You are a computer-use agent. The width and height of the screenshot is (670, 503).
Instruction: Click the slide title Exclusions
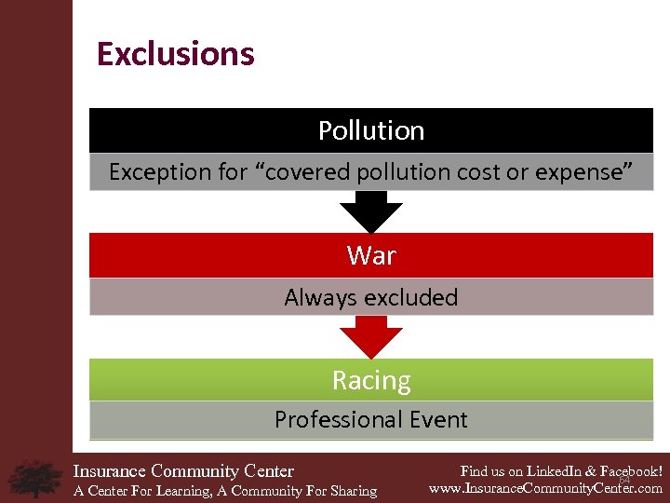(x=175, y=54)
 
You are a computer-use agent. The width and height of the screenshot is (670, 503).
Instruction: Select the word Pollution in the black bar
(x=371, y=130)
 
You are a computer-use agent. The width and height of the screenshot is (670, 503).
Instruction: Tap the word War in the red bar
(x=371, y=255)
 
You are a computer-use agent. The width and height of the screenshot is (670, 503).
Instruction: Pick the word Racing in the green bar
(x=371, y=380)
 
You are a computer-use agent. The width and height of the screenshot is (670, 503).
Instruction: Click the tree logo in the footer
(x=35, y=477)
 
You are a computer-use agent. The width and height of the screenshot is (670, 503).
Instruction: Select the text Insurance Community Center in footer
(x=183, y=471)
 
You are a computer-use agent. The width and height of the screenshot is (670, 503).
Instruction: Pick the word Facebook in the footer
(x=628, y=471)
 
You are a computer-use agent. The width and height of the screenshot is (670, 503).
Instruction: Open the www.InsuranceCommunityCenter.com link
(x=545, y=488)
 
